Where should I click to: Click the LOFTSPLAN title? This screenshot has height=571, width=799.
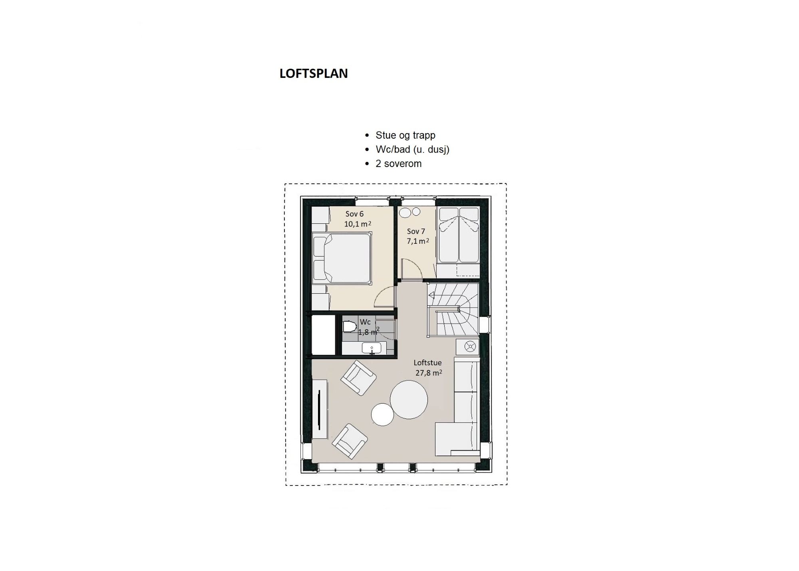(x=314, y=74)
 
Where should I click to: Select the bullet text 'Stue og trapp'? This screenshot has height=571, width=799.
(x=405, y=135)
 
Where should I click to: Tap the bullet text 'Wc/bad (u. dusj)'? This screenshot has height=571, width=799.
(x=413, y=149)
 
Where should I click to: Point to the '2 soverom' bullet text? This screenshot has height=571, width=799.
(x=399, y=164)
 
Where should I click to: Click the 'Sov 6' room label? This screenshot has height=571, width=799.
(x=355, y=214)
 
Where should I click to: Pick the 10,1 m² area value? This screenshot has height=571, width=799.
(x=358, y=224)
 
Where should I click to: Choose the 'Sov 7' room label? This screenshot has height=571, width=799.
(x=416, y=231)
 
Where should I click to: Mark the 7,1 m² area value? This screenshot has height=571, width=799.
(x=418, y=241)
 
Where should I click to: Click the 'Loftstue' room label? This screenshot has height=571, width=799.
(x=427, y=363)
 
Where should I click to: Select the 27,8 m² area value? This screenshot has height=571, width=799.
(x=429, y=373)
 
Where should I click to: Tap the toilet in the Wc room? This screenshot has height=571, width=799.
(x=350, y=326)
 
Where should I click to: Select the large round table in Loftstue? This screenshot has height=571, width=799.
(x=409, y=400)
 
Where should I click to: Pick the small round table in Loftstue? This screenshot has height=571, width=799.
(x=383, y=415)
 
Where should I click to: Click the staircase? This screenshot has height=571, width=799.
(x=453, y=309)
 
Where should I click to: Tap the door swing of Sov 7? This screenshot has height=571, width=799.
(x=412, y=268)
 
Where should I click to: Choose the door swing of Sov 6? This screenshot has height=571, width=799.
(x=385, y=298)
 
